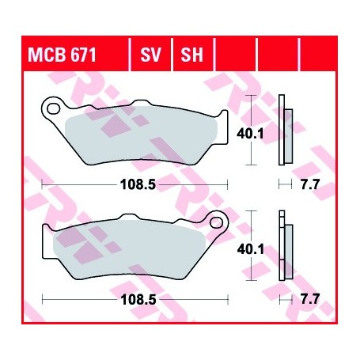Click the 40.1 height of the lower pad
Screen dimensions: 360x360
[x=249, y=249]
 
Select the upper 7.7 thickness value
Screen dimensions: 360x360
[x=311, y=184]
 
